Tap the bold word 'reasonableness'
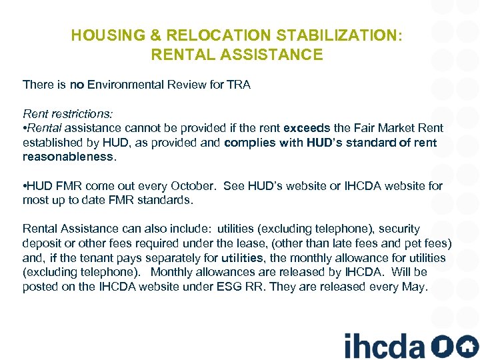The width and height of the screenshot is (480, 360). (x=68, y=157)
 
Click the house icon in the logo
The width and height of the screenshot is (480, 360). (x=467, y=345)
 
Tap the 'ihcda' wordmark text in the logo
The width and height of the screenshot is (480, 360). (x=383, y=345)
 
